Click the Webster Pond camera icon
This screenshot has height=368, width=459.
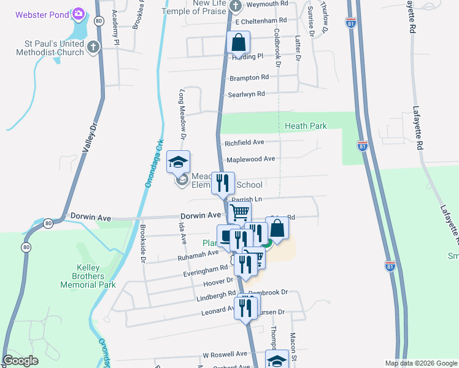click(x=78, y=13)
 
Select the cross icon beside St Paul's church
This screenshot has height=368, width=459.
click(x=93, y=47)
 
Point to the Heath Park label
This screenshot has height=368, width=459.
click(x=306, y=126)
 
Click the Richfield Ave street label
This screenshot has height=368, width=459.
click(x=244, y=142)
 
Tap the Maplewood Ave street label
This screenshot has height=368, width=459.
click(x=250, y=159)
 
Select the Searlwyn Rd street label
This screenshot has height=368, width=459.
click(x=245, y=94)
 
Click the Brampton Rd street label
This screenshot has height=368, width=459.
click(x=249, y=78)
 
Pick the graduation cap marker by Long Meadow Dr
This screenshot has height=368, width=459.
click(x=178, y=163)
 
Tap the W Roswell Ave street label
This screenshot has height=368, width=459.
click(x=225, y=355)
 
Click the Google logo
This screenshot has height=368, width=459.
click(x=21, y=361)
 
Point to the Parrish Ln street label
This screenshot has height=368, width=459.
click(x=247, y=199)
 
